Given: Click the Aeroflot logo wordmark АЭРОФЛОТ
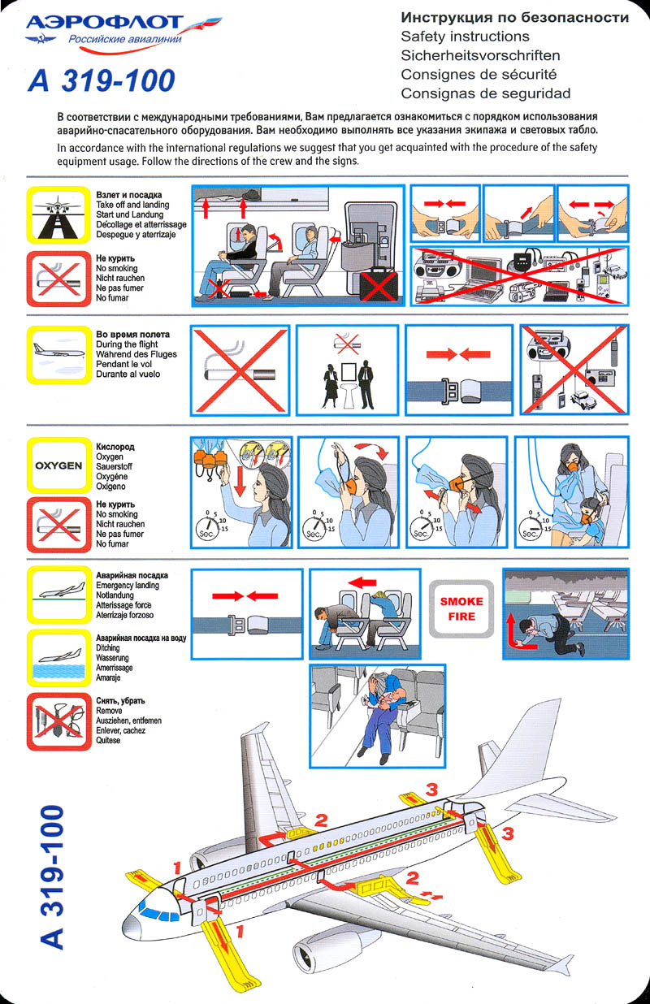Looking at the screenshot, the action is click(x=105, y=23).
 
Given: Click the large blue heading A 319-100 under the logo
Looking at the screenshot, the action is click(x=102, y=80).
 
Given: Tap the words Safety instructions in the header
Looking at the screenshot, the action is click(x=465, y=37).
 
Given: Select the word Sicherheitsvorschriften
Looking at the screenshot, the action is click(x=480, y=55).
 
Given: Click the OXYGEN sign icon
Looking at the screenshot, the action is click(x=58, y=465).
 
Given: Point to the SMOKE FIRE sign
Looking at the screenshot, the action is click(x=461, y=608).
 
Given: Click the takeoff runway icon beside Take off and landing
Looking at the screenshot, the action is click(x=58, y=215).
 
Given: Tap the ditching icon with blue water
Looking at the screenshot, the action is click(x=58, y=659).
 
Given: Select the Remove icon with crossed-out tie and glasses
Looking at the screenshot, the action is click(x=58, y=722).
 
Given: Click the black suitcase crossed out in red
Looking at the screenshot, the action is click(x=379, y=284).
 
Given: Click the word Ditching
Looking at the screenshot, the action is click(x=107, y=647).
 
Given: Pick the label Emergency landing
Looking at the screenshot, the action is click(x=128, y=586).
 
